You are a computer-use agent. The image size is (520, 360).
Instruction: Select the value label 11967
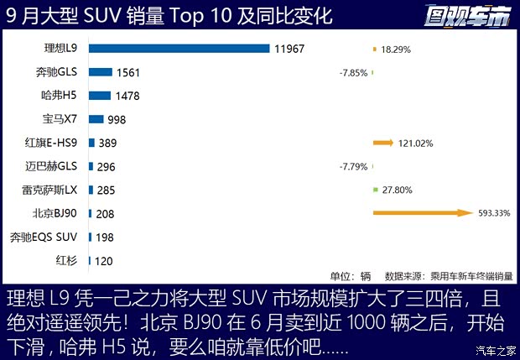[x=289, y=49]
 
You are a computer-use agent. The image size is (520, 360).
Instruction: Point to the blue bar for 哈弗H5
[x=99, y=96]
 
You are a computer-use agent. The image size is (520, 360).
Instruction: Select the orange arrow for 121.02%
[x=383, y=143]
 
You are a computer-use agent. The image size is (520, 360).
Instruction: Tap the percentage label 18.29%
[x=397, y=50]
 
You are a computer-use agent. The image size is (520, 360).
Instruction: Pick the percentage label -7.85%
[x=353, y=73]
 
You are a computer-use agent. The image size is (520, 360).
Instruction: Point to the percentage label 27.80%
[x=397, y=190]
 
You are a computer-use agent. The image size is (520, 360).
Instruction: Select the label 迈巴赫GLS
[x=55, y=166]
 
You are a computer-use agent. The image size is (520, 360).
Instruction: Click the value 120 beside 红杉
[x=103, y=261]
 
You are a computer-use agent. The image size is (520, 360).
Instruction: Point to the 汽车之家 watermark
[x=496, y=350]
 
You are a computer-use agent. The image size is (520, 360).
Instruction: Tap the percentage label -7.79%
[x=353, y=167]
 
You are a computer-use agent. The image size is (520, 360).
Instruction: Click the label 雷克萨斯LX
[x=55, y=190]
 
